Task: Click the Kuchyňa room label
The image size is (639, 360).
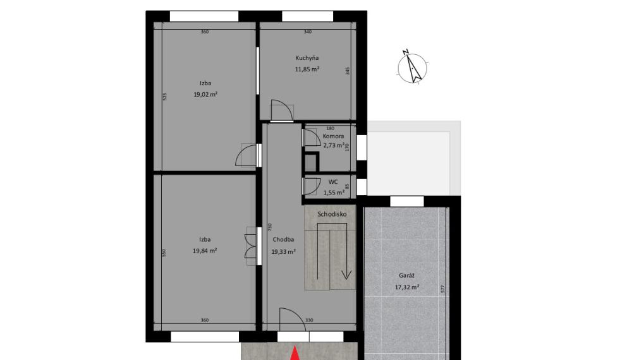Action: point(307,58)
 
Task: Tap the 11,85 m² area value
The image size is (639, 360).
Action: point(307,69)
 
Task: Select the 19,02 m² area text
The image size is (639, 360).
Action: point(205,94)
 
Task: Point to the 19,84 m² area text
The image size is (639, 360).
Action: point(205,251)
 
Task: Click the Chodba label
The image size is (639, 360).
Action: point(283,239)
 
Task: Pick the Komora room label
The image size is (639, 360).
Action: point(333,136)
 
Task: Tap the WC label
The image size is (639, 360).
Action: point(333,182)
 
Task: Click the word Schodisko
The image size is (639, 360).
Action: point(332,214)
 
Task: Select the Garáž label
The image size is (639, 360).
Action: point(406,275)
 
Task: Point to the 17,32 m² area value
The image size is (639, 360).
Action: point(407,287)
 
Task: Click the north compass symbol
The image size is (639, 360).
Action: point(413,68)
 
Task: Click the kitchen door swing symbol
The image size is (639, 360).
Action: point(282,111)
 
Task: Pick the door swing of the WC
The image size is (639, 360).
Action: point(312,186)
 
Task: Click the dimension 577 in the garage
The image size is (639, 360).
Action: point(443,289)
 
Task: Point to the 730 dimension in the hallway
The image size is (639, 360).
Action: point(269,227)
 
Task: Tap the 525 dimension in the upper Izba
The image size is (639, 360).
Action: point(164,97)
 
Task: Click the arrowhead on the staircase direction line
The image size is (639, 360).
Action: point(346,275)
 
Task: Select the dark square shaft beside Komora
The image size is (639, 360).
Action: point(311,162)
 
